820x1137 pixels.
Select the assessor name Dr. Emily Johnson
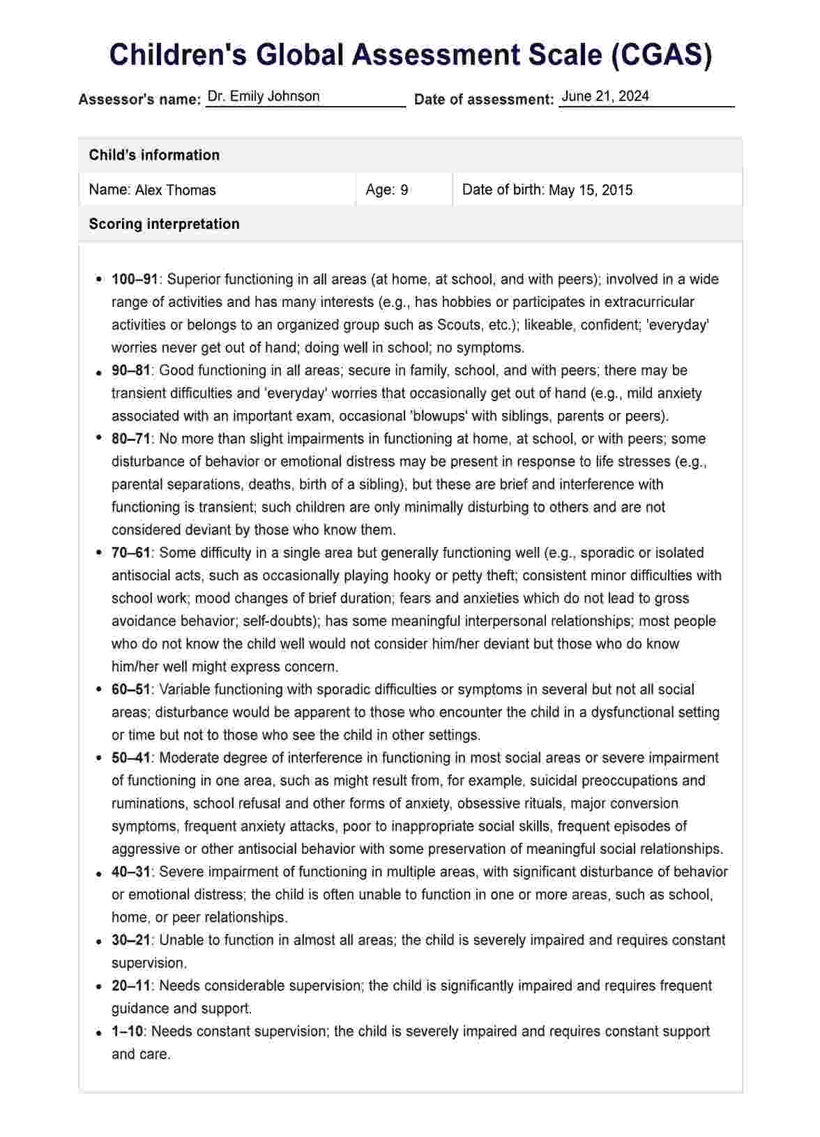[264, 96]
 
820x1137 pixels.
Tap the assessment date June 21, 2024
[605, 96]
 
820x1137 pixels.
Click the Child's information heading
[154, 155]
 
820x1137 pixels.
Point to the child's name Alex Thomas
[175, 190]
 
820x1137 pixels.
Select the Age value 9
[404, 190]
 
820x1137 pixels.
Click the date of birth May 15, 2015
[591, 190]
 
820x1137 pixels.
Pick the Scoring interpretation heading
[164, 224]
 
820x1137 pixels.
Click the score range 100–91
[135, 279]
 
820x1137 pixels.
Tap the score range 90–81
[131, 370]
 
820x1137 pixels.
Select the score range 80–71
[131, 439]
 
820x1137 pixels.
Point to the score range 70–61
[131, 552]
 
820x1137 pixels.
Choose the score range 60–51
[131, 689]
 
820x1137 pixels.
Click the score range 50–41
[131, 758]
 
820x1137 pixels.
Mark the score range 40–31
[131, 872]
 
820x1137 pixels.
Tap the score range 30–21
[131, 940]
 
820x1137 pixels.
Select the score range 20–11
[131, 986]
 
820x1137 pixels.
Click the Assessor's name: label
[139, 99]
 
